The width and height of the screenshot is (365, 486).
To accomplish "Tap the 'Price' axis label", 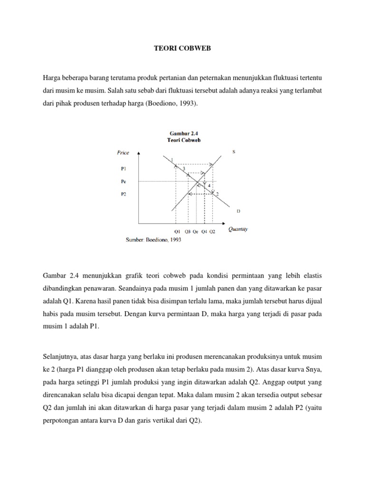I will [x=123, y=152].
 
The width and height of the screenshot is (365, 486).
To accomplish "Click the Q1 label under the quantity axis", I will [x=177, y=232].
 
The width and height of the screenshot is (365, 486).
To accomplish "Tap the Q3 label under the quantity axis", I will [x=187, y=232].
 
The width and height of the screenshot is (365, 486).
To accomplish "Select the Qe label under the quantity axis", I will [x=195, y=232].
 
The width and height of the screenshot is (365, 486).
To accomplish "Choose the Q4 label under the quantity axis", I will [x=204, y=232].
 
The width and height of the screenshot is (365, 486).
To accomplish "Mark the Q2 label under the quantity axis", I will [x=212, y=232].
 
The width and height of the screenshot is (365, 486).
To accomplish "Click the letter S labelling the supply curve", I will [x=233, y=152].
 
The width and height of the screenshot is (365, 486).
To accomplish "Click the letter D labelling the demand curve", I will [x=238, y=210].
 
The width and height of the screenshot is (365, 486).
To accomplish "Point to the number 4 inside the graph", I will [x=209, y=185].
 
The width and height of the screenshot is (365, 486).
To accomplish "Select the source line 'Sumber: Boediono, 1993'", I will [x=153, y=240].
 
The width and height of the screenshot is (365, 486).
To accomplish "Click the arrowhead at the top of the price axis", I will [x=139, y=153].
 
